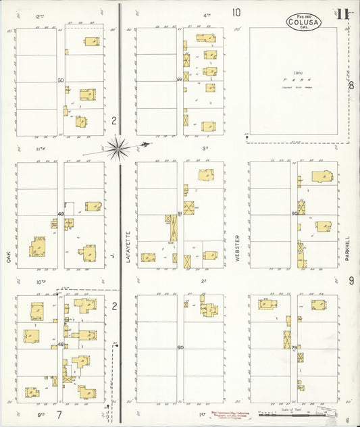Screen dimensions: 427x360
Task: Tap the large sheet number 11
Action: [343, 14]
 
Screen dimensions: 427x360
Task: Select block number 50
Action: [61, 80]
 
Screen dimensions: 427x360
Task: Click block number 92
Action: [180, 80]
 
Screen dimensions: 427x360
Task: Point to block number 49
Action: [61, 214]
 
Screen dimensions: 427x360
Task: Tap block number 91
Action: [180, 214]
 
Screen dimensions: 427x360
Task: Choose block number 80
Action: [294, 214]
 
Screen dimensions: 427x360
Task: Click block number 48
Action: [61, 345]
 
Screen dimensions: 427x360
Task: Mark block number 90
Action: [180, 347]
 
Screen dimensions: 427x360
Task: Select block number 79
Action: [294, 347]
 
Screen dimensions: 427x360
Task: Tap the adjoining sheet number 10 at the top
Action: [236, 12]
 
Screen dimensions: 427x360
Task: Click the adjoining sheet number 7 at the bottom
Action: [59, 413]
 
